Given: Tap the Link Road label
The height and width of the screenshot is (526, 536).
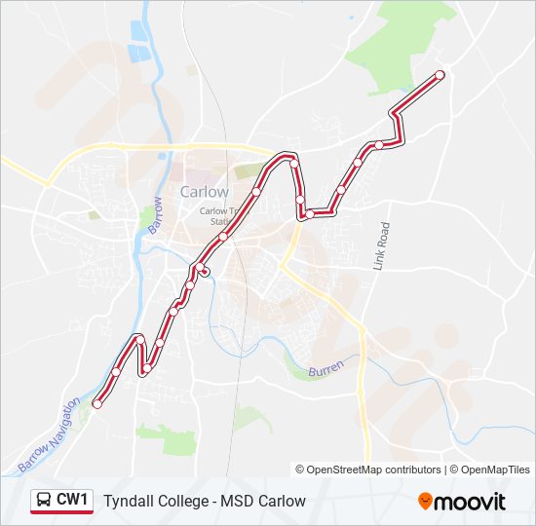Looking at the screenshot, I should click(381, 244).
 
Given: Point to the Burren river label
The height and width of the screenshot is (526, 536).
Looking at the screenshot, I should click(325, 371).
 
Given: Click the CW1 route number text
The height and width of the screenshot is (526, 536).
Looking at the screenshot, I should click(72, 500).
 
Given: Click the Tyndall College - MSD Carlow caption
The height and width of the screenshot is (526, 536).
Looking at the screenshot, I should click(205, 501).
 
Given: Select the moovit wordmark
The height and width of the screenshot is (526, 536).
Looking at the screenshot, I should click(471, 502).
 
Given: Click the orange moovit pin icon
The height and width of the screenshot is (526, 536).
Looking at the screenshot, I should click(425, 501).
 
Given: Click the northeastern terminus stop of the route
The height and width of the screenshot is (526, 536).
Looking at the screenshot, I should click(440, 75).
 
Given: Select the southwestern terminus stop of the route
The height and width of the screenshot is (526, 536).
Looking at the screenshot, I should click(96, 404).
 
